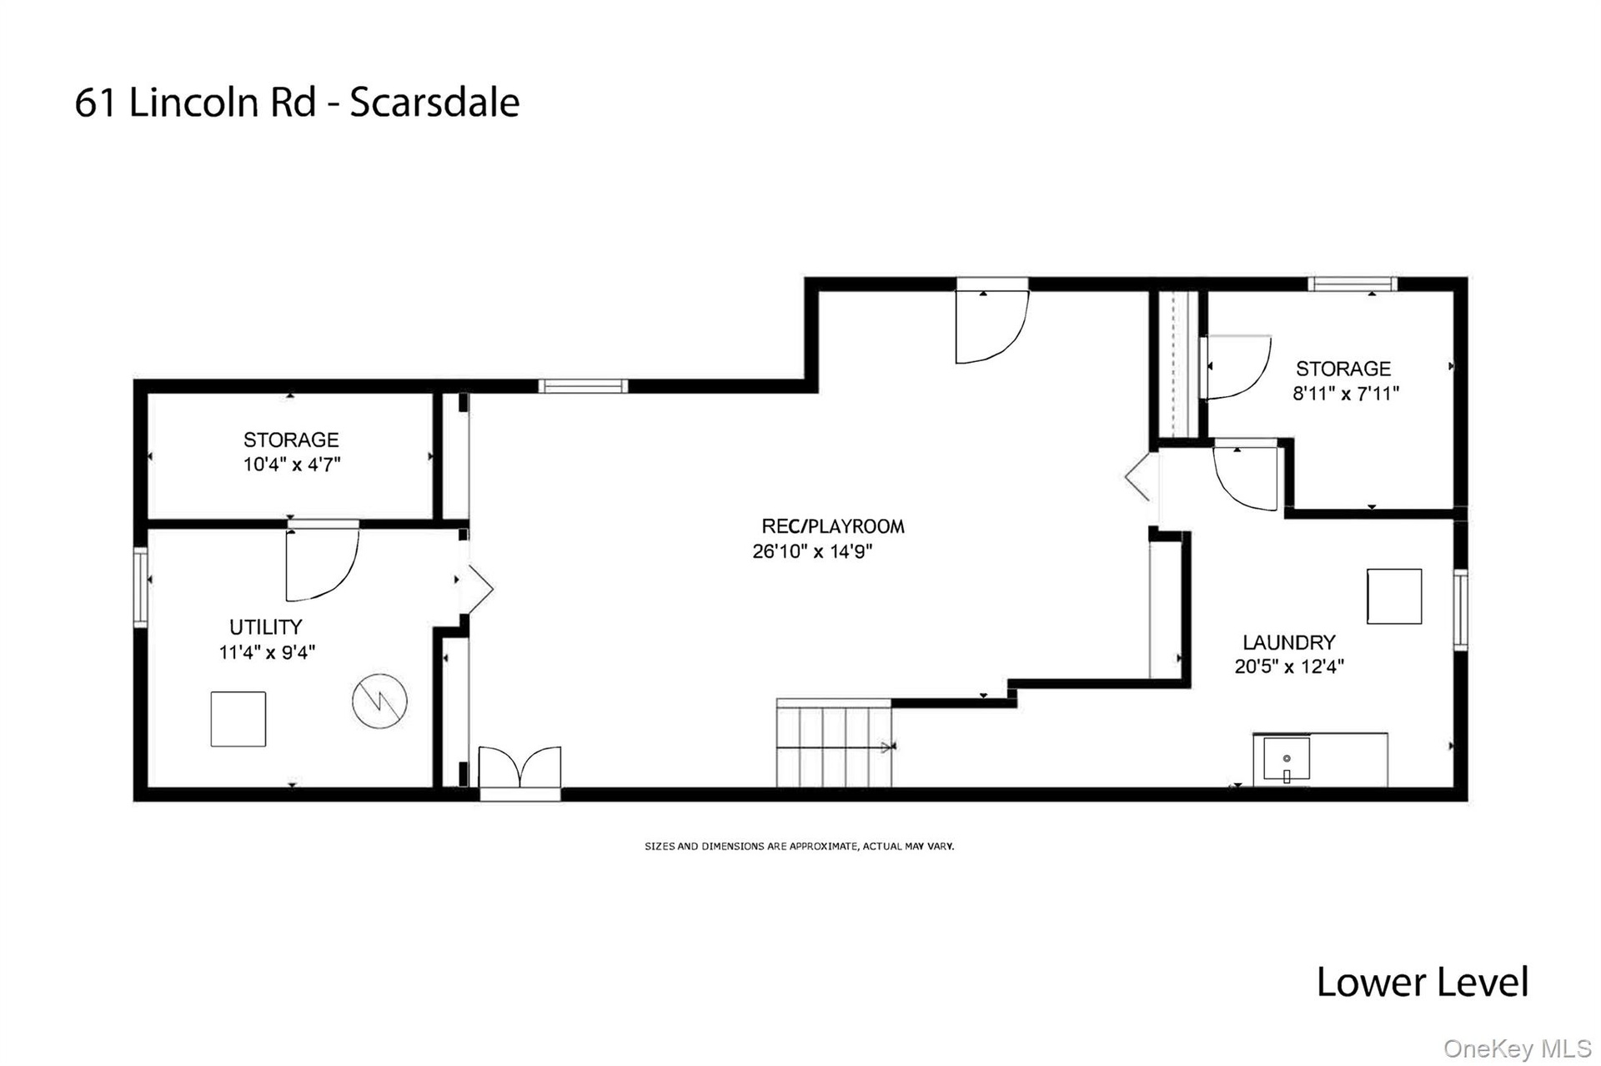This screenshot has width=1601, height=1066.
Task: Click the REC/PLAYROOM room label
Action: [x=833, y=526]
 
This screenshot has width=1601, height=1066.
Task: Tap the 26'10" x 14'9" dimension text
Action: [x=812, y=551]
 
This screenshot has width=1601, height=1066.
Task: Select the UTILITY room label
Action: [x=266, y=627]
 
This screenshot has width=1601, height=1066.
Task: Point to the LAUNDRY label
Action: [x=1289, y=642]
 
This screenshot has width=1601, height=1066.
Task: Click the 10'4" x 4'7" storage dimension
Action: [x=292, y=465]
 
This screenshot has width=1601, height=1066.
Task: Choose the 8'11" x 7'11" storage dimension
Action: [x=1346, y=394]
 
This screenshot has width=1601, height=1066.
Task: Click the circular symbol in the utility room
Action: [x=379, y=701]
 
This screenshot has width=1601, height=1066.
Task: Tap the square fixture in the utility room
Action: [x=238, y=719]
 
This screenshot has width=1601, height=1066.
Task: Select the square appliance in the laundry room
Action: [x=1394, y=596]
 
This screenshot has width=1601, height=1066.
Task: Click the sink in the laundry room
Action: [x=1287, y=759]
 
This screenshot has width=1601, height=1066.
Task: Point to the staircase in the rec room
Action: [x=834, y=743]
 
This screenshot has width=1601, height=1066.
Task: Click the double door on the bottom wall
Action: [x=519, y=767]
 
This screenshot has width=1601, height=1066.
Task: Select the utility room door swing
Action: [x=323, y=565]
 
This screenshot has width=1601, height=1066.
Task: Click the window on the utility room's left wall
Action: [x=141, y=587]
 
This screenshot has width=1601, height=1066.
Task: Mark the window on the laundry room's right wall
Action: [x=1460, y=609]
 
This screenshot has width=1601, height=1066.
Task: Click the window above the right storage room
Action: [x=1353, y=284]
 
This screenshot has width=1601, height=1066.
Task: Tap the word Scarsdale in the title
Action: [x=434, y=103]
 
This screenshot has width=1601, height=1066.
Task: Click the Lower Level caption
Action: [x=1423, y=982]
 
